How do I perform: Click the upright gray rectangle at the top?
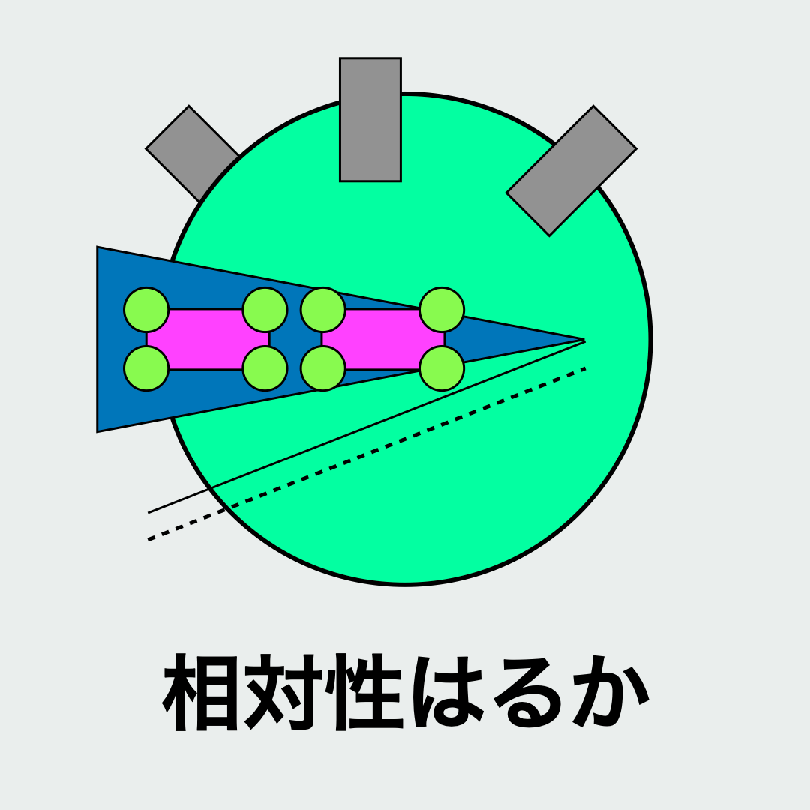[370, 120]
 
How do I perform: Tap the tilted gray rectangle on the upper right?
[571, 171]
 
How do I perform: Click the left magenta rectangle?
[205, 339]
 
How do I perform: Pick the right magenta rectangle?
[382, 339]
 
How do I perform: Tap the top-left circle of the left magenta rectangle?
[146, 310]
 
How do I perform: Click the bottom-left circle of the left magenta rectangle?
[146, 368]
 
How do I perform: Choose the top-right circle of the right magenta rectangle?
[442, 310]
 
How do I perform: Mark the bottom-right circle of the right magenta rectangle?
[442, 368]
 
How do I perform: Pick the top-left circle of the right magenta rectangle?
[323, 310]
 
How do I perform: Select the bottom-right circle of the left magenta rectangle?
[265, 368]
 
